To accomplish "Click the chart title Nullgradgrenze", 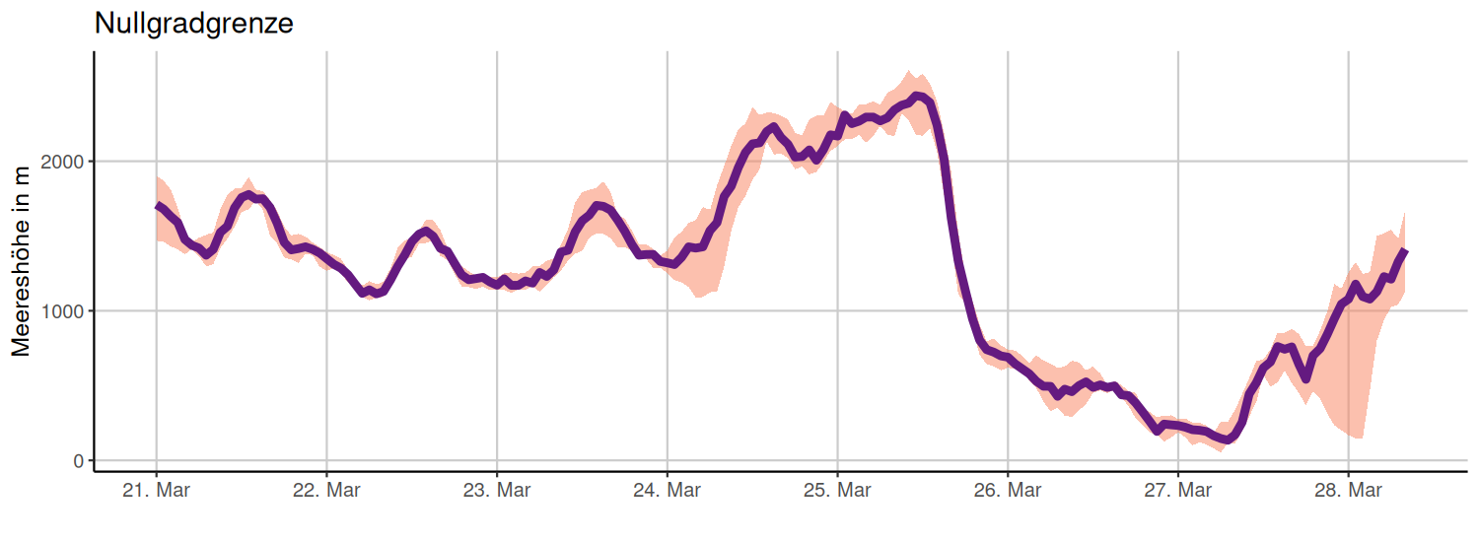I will point(193,24).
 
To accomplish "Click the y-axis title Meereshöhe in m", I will point(22,261).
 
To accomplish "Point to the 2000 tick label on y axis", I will point(62,162).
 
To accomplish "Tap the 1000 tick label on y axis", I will point(62,311).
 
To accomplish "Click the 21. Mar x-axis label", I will point(156,490).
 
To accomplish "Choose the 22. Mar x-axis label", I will point(326,490).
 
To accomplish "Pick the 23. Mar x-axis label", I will point(497,490).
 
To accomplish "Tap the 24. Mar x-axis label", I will point(668,490).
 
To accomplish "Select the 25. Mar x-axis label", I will point(838,490).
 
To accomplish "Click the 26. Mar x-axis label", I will point(1008,490).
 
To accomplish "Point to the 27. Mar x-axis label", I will point(1178,490).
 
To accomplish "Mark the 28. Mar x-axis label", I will point(1349,490).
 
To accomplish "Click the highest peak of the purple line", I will point(917,96).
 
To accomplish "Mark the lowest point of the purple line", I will point(1227,440).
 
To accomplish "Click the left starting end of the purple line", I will point(158,206).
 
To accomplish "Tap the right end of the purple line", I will point(1404,252).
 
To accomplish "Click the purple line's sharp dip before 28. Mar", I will point(1306,378).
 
